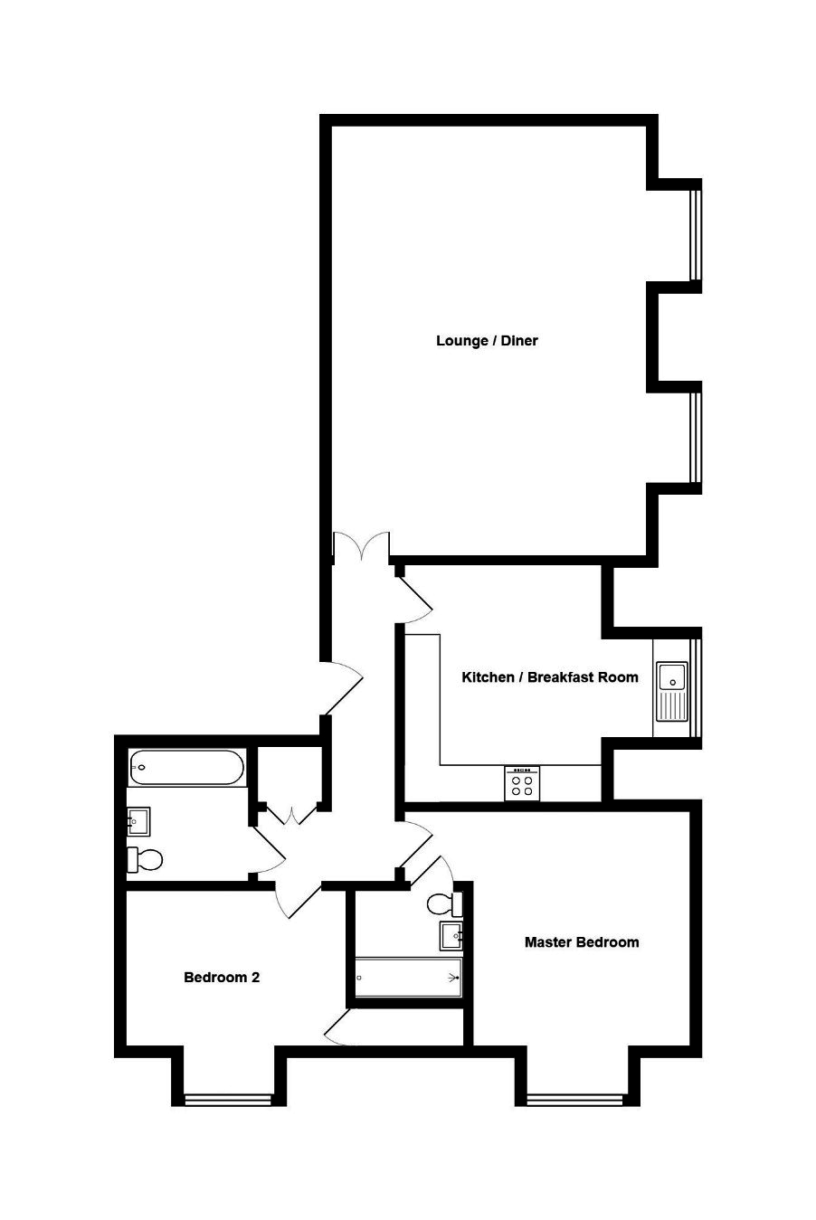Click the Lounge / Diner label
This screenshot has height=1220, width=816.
[487, 341]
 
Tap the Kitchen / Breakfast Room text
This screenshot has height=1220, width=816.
[549, 677]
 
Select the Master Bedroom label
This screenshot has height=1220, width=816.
[582, 942]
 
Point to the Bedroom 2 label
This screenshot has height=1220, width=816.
[222, 978]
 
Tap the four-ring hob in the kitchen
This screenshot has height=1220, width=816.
[522, 783]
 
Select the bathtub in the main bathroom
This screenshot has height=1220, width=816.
[186, 768]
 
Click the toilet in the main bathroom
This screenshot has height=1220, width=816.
[144, 858]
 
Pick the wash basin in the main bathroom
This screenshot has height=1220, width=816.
[138, 821]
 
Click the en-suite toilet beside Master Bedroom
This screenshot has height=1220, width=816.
[445, 903]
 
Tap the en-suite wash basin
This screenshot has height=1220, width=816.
[451, 936]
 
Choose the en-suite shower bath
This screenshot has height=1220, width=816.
[408, 978]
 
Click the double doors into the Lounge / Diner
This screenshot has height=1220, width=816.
[361, 547]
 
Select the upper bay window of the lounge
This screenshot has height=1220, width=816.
[695, 231]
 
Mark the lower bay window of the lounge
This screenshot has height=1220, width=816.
[695, 436]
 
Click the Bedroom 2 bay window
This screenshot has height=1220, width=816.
[228, 1100]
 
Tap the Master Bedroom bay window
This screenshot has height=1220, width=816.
[574, 1100]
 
